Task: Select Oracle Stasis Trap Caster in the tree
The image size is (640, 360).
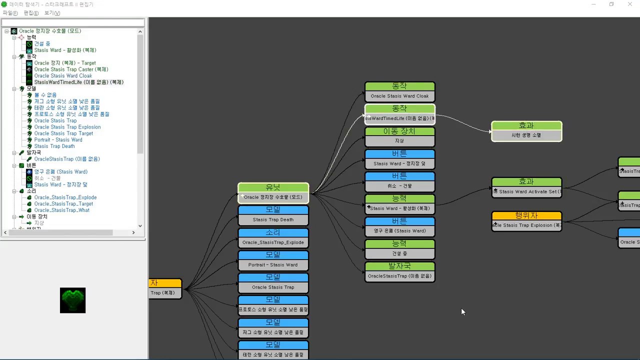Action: pos(71,69)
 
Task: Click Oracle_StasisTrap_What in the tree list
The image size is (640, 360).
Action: pos(61,210)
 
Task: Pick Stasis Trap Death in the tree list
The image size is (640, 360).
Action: pos(54,146)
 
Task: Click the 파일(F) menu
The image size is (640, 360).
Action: pos(10,13)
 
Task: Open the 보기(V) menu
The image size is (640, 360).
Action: pos(52,13)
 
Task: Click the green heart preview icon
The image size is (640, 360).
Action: pos(72,300)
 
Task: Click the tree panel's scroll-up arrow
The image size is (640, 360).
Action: pos(140,32)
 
